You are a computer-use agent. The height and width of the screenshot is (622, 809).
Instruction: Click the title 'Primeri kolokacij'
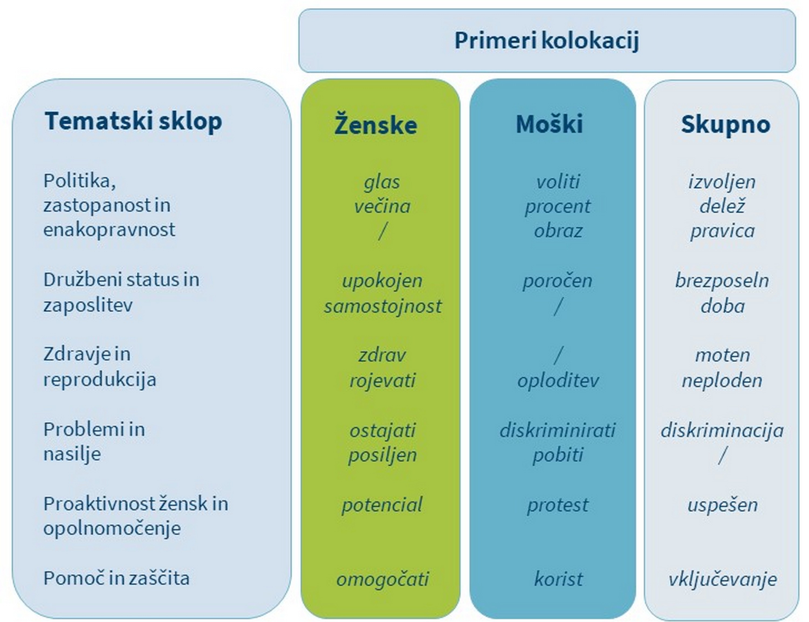546,41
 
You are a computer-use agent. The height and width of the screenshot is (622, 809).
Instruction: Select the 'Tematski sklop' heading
133,121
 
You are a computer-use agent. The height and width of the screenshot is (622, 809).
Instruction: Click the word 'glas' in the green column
382,182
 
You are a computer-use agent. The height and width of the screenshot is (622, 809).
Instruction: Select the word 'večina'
382,206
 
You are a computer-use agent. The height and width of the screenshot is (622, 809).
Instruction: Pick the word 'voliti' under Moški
558,182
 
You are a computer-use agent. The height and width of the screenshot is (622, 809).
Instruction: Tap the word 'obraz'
558,231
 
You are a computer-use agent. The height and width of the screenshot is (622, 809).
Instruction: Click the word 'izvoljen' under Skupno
722,182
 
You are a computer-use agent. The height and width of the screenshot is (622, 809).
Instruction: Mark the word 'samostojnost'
383,306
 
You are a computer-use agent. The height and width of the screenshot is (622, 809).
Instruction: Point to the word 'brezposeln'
722,280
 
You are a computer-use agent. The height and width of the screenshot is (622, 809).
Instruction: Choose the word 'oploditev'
558,380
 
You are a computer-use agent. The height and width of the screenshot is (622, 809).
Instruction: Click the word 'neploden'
722,380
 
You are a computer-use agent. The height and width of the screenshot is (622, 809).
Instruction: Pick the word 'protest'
558,505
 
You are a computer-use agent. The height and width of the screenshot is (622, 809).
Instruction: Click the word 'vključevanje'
723,579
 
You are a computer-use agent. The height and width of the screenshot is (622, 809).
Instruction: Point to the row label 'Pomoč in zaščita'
116,578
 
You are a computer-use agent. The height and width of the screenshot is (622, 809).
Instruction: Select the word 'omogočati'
383,579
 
